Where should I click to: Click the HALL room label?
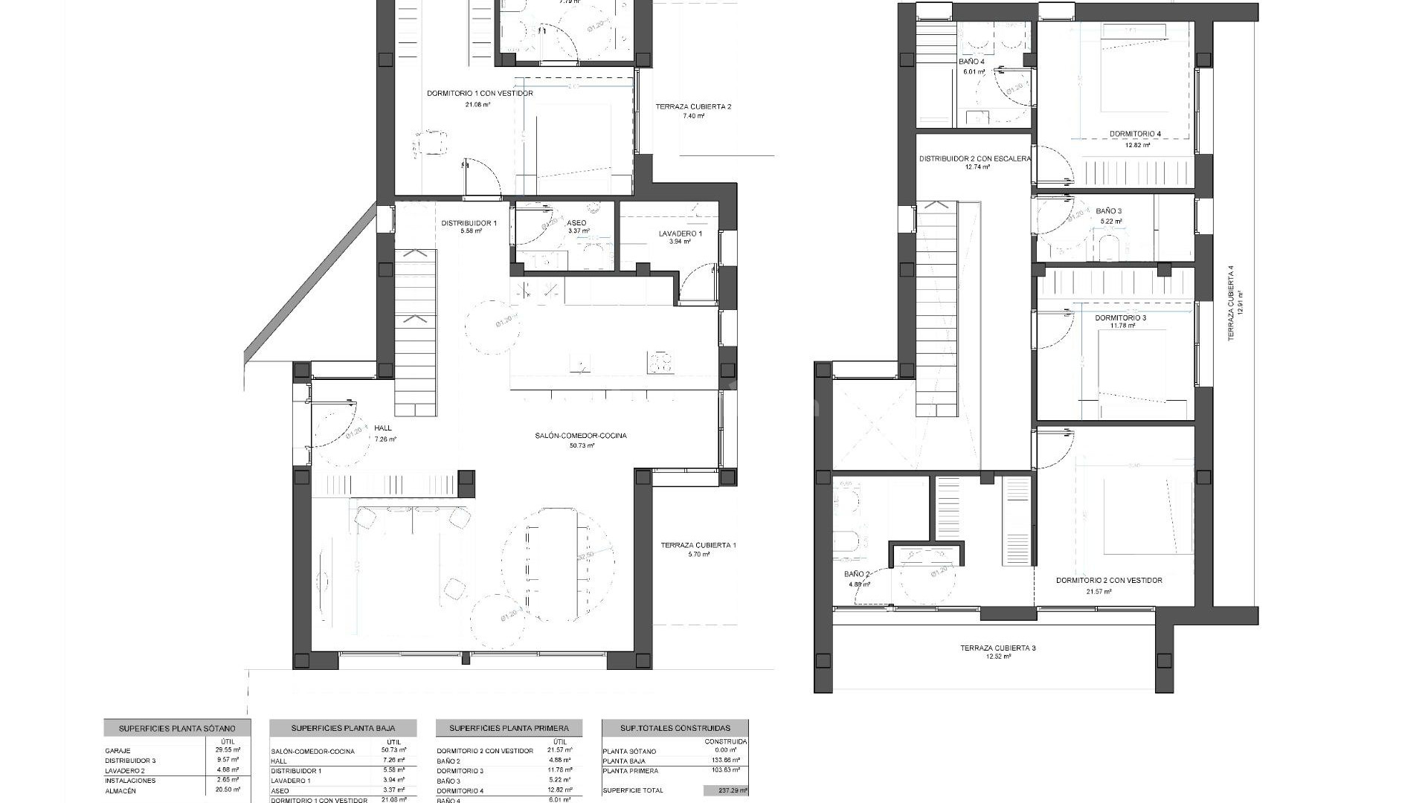383,428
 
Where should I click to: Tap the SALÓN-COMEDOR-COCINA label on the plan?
580,436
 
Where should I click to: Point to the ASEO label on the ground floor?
576,223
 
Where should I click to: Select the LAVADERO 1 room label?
680,233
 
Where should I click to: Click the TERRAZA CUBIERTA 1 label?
698,546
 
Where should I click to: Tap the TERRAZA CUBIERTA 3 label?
997,648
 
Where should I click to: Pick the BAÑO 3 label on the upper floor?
1108,211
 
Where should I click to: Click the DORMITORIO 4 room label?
1135,135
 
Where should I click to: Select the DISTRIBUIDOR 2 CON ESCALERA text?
974,159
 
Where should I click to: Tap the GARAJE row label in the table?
118,751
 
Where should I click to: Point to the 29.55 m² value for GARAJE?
227,751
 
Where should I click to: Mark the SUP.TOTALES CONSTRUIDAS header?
675,728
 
